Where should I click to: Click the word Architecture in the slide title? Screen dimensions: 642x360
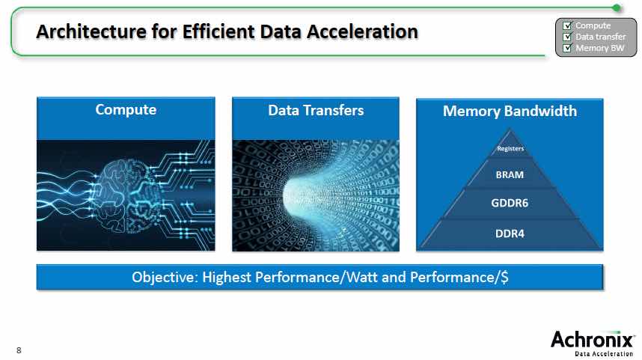91,31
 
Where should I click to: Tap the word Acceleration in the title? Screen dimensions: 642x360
362,31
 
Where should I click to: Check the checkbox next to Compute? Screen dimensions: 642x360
567,25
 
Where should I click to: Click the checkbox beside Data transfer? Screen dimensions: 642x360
567,37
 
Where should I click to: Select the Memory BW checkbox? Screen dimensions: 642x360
567,48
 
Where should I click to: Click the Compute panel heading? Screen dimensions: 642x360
126,110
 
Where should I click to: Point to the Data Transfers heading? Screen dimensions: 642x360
316,110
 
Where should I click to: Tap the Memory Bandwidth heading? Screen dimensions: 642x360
510,111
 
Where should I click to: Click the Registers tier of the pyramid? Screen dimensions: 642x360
510,148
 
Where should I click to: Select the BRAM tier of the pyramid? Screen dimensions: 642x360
510,174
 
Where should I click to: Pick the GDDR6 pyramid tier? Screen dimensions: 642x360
510,203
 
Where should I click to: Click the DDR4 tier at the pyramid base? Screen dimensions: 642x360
510,234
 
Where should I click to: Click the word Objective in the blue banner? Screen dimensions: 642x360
165,277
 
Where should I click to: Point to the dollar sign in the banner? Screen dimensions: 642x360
504,277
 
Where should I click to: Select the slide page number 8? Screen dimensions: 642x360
19,350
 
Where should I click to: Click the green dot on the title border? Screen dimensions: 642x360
617,7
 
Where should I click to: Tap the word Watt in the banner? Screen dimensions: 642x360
361,277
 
